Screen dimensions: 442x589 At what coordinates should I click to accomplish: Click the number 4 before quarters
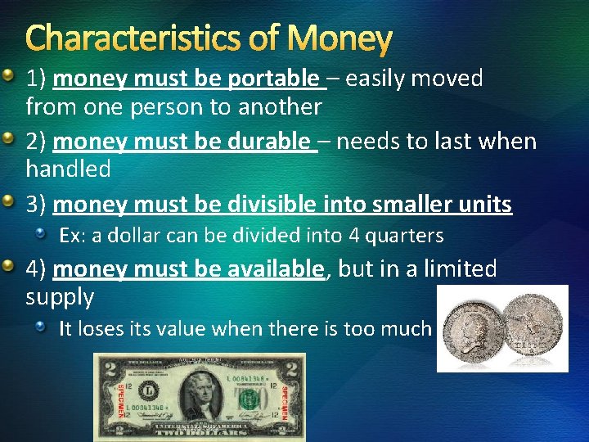[x=354, y=236]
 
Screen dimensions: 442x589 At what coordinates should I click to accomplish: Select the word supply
[x=60, y=296]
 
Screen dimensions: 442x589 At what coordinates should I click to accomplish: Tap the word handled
[x=68, y=169]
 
